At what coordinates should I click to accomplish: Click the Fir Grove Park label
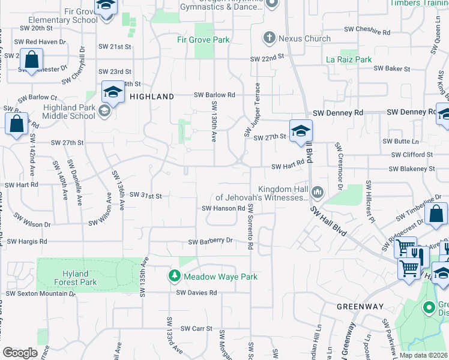click(x=203, y=40)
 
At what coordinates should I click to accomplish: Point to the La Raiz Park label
click(x=349, y=59)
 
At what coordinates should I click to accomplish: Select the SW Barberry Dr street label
click(x=211, y=242)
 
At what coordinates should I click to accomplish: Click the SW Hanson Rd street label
click(x=223, y=208)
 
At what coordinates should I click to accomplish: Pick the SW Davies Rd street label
click(x=196, y=293)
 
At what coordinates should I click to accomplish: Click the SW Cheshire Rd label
click(x=367, y=29)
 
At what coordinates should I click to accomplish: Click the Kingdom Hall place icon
click(x=317, y=193)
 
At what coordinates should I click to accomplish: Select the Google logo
click(x=20, y=353)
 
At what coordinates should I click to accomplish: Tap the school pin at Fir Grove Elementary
click(x=106, y=8)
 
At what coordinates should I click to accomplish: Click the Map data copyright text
click(x=423, y=355)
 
